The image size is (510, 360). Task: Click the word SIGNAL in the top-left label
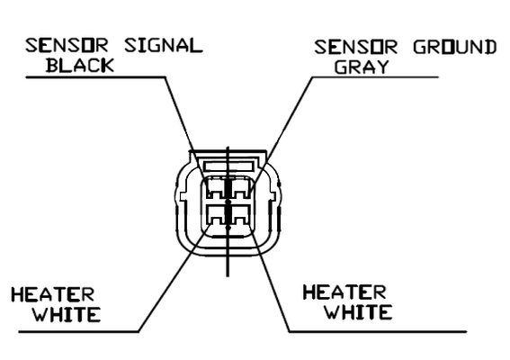coord(164,46)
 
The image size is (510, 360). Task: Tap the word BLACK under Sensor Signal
coord(80,65)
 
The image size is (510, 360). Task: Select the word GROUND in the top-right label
coord(455,47)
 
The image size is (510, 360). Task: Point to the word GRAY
coord(362,67)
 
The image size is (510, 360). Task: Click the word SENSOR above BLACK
coord(67,46)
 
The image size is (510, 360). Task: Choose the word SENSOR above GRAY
coord(356,47)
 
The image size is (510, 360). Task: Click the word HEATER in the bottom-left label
coord(53,294)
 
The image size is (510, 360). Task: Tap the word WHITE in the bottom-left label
coord(67,314)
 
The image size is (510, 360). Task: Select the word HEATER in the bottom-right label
coord(344,292)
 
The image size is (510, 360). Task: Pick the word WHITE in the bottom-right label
coord(358,311)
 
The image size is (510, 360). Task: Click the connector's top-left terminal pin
coord(215,188)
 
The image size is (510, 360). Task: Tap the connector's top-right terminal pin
coord(241,188)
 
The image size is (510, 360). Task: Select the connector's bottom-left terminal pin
coord(215,214)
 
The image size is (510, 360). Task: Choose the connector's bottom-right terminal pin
coord(241,214)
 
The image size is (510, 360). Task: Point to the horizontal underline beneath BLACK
coord(95,77)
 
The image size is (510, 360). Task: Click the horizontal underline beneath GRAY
coord(375,77)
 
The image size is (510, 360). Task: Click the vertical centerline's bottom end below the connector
coord(228,276)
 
